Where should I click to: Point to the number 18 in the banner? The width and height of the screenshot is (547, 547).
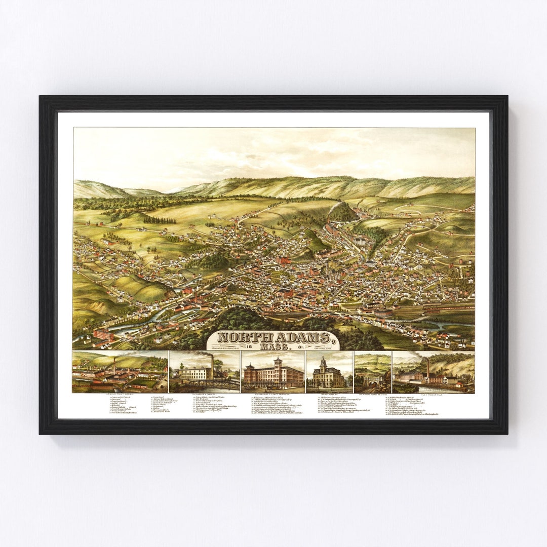click(x=250, y=346)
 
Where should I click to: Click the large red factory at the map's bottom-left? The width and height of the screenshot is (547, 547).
click(x=103, y=335)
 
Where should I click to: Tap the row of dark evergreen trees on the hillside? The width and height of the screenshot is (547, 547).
click(x=160, y=220)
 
